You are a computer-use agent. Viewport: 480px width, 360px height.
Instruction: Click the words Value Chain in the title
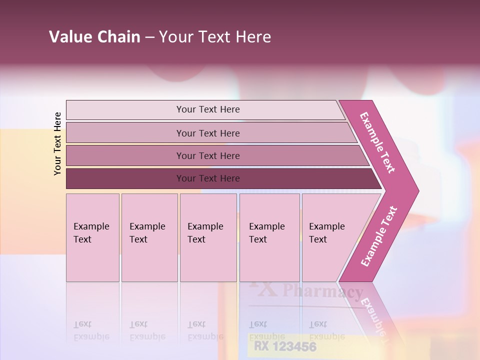[x=94, y=37]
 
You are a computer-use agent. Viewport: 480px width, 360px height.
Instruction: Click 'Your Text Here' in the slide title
[x=215, y=37]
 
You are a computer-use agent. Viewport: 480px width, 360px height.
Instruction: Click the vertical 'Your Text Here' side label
[x=57, y=143]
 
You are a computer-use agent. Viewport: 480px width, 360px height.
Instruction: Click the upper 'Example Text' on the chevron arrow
[x=377, y=142]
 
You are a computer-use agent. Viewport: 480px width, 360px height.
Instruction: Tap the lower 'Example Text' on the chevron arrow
[x=379, y=236]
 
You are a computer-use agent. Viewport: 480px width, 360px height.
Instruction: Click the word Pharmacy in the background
[x=322, y=292]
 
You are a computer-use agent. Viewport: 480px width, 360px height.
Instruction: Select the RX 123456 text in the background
[x=285, y=346]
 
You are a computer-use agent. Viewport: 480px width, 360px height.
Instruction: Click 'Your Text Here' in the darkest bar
[x=208, y=178]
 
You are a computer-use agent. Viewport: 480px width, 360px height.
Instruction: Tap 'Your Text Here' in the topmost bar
[x=208, y=109]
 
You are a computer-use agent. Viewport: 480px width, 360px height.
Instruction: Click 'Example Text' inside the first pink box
[x=91, y=233]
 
